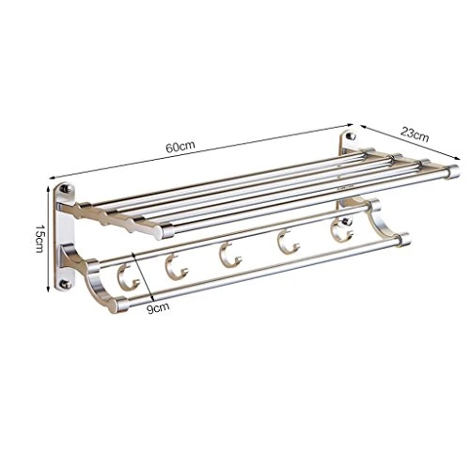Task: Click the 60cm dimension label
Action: tap(180, 147)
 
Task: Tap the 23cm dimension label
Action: tap(415, 134)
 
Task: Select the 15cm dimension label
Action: tap(40, 239)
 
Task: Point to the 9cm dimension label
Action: tap(158, 307)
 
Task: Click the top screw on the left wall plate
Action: tap(65, 189)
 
